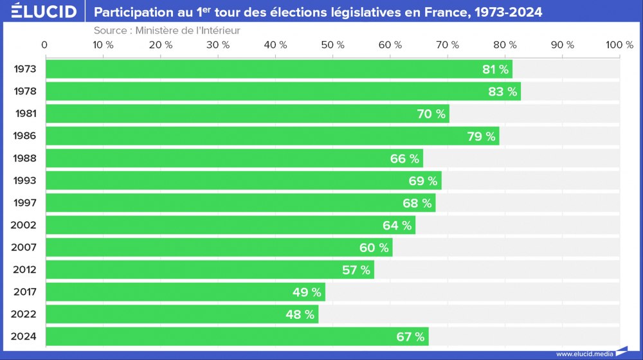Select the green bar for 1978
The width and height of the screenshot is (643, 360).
point(283,91)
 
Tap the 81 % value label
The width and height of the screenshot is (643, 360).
point(495,69)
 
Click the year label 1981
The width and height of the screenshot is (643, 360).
point(26,114)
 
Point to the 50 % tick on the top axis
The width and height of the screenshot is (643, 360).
point(332,44)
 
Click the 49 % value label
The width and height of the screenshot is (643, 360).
point(307,292)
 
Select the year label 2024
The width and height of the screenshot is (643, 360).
point(24,337)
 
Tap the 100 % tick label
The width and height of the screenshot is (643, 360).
point(619,44)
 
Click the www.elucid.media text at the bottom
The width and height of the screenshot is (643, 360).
point(584,354)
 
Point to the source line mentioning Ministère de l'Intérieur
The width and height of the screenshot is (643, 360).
point(167,30)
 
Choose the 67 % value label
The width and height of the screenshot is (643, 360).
point(410,337)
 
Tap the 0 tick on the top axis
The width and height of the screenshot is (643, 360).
point(44,44)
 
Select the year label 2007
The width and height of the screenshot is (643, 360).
point(24,248)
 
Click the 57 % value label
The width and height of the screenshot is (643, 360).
point(356,270)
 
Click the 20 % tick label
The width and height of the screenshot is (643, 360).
point(159,44)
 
